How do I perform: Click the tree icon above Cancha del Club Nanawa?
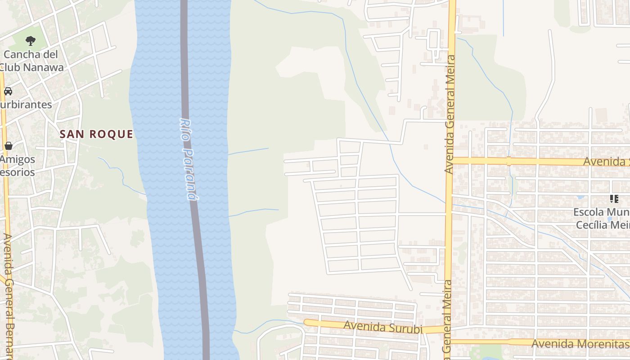coord(30,41)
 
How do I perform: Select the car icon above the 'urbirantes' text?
coord(8,91)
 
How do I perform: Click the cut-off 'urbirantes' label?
coord(26,105)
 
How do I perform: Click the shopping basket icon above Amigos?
coord(8,146)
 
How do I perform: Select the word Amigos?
coord(18,159)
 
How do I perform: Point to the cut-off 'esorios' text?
coord(17,172)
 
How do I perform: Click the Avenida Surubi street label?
coord(383,327)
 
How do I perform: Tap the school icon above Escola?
coord(614,199)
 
